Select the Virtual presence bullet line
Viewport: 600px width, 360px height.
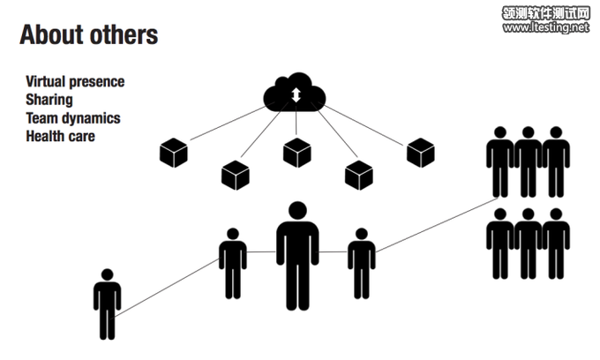click(x=75, y=82)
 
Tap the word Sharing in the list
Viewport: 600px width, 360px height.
click(x=49, y=101)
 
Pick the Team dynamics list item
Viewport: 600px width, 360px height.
click(x=73, y=118)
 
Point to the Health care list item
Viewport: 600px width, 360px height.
click(x=60, y=137)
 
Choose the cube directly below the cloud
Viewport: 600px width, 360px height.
click(x=296, y=153)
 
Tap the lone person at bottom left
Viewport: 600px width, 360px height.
click(x=107, y=304)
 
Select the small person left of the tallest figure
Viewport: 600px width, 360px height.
click(x=233, y=263)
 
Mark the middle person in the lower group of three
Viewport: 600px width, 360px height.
click(x=528, y=243)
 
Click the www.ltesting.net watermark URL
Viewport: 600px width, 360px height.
click(x=545, y=28)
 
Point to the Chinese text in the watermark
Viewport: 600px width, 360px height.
click(x=545, y=13)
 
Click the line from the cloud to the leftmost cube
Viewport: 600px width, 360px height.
click(x=227, y=124)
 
